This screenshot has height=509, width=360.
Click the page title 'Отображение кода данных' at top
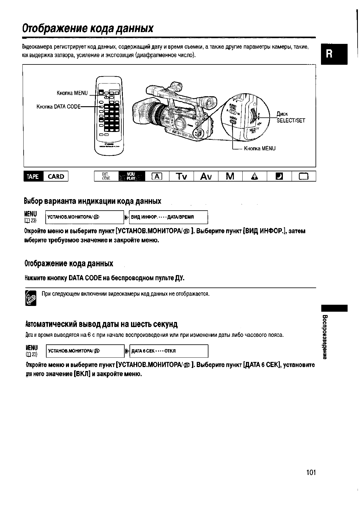88,29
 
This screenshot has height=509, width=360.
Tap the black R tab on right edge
335,54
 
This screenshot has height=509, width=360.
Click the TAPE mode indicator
33,176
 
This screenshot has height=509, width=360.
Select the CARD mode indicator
56,176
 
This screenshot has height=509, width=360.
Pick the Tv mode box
182,176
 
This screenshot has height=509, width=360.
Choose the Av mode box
206,176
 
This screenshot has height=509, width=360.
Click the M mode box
230,176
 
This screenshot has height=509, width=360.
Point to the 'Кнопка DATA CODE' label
59,107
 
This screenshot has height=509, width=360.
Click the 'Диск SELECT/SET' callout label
291,117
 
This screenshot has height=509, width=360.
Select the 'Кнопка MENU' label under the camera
260,148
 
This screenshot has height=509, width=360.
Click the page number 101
311,472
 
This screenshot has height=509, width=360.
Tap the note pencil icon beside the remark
31,298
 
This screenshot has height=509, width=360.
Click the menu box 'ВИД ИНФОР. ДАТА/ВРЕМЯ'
169,217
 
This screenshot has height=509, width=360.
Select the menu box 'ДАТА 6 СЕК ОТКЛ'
169,351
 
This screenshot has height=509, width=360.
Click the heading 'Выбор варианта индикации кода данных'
93,201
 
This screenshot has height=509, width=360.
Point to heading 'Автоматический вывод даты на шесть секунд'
101,324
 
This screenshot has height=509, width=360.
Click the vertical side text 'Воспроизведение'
325,337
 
